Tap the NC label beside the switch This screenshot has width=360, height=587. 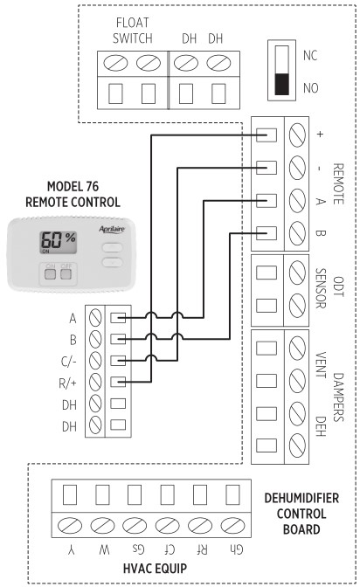click(x=310, y=54)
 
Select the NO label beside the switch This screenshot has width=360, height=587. click(x=310, y=86)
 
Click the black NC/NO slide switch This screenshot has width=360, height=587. click(x=281, y=70)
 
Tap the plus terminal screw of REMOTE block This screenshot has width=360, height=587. click(x=296, y=135)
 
